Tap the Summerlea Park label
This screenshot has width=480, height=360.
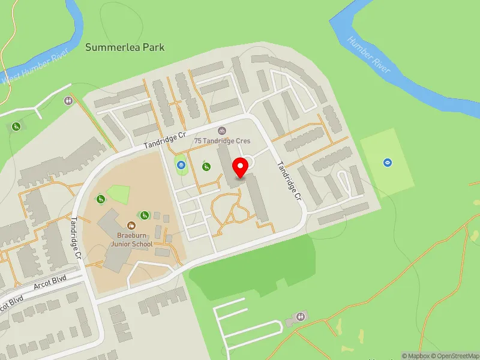[x=125, y=47]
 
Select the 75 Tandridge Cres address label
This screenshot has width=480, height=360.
[x=222, y=141]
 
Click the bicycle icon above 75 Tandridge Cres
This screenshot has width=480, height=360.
[x=221, y=130]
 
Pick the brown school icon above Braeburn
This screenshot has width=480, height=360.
[x=131, y=227]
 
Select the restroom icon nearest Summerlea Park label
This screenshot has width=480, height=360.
[x=68, y=100]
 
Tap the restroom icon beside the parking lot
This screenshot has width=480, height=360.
[x=301, y=316]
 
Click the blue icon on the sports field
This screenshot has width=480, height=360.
[x=388, y=162]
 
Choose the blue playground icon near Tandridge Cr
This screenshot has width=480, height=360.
[x=181, y=163]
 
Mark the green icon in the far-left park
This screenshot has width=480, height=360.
[x=16, y=126]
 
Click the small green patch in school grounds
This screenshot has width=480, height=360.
[x=118, y=194]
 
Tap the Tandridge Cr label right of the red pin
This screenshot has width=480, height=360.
[x=288, y=181]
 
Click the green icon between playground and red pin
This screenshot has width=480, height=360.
[x=206, y=166]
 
